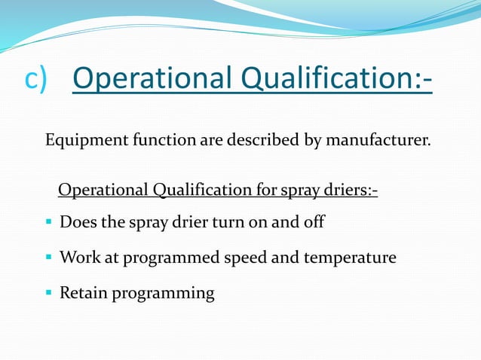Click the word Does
tap(76, 224)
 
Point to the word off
tap(313, 224)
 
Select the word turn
tap(226, 224)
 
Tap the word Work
tap(78, 258)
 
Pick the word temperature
tap(350, 258)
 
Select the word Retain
tap(83, 293)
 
